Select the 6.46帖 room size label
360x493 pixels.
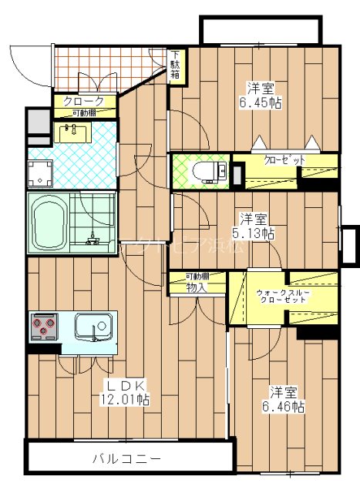click(x=286, y=398)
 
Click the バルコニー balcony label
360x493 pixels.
click(x=127, y=458)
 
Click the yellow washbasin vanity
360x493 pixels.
click(x=75, y=133)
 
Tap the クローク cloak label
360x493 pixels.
click(x=79, y=101)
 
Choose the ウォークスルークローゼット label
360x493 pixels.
click(x=284, y=295)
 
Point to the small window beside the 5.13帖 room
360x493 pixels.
click(x=348, y=245)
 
